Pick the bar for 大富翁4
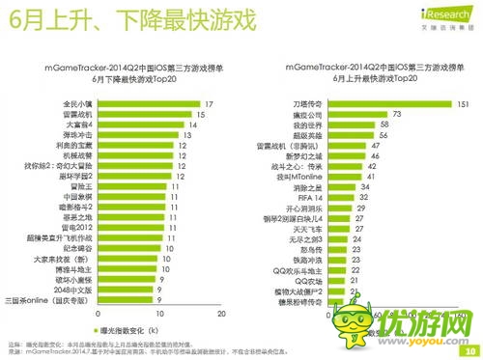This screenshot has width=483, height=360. pos(141,124)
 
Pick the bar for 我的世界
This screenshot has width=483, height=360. pos(356,125)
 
